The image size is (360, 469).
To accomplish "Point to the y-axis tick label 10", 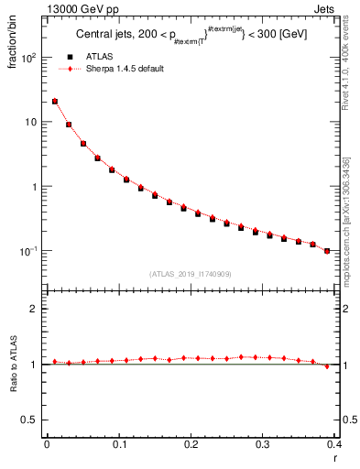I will pyautogui.click(x=30, y=122).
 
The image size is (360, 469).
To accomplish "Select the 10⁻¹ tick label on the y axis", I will pyautogui.click(x=28, y=250).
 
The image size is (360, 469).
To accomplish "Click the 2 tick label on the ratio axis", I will pyautogui.click(x=34, y=309).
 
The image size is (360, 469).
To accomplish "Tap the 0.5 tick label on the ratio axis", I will pyautogui.click(x=30, y=420).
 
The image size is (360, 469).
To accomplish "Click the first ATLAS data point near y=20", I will pyautogui.click(x=55, y=102).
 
